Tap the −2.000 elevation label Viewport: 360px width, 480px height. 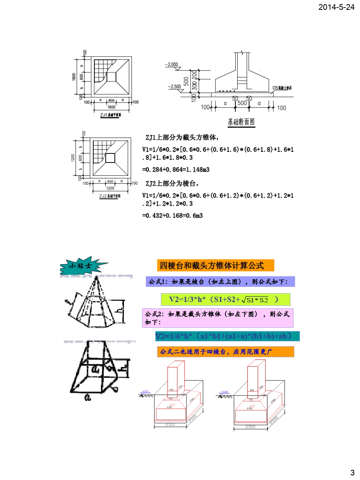pyautogui.click(x=171, y=64)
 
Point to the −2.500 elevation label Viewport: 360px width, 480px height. pyautogui.click(x=174, y=86)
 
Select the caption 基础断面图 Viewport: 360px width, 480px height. pyautogui.click(x=241, y=122)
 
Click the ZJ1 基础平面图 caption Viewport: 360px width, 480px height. pyautogui.click(x=110, y=115)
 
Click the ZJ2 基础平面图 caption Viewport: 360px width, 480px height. pyautogui.click(x=110, y=196)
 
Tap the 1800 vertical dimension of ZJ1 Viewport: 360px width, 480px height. pyautogui.click(x=74, y=77)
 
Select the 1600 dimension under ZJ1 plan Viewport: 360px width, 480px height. pyautogui.click(x=111, y=107)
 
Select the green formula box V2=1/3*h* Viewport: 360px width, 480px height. pyautogui.click(x=225, y=300)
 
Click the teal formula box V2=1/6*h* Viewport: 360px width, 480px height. pyautogui.click(x=227, y=336)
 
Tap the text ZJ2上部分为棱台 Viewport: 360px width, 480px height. pyautogui.click(x=172, y=184)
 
